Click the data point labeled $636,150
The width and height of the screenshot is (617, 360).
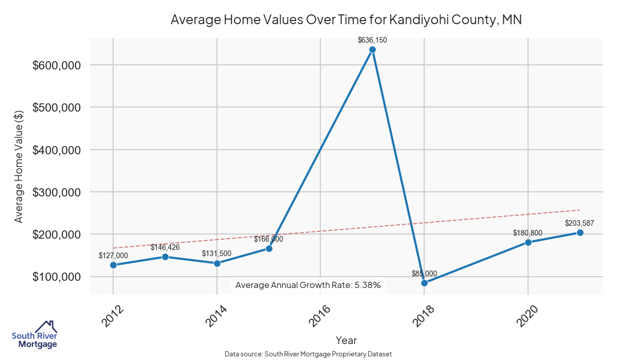point(372,50)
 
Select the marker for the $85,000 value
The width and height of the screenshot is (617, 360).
point(424,283)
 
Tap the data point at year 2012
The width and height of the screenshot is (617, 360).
point(113,265)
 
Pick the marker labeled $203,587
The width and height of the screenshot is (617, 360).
point(580,232)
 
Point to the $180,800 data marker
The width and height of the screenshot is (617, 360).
point(528,242)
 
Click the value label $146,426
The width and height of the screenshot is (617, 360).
point(165,247)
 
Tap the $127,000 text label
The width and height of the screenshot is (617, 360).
point(113,255)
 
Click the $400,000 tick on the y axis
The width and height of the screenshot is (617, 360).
point(57,150)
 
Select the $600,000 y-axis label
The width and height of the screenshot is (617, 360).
point(57,65)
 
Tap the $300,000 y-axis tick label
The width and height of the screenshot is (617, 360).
point(57,192)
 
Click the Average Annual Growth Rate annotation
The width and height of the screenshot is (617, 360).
point(308,285)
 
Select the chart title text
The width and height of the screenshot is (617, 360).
point(346,20)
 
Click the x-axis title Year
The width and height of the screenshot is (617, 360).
point(346,340)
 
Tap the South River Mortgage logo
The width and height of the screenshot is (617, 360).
point(34,335)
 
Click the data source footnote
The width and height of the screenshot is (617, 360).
point(308,354)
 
